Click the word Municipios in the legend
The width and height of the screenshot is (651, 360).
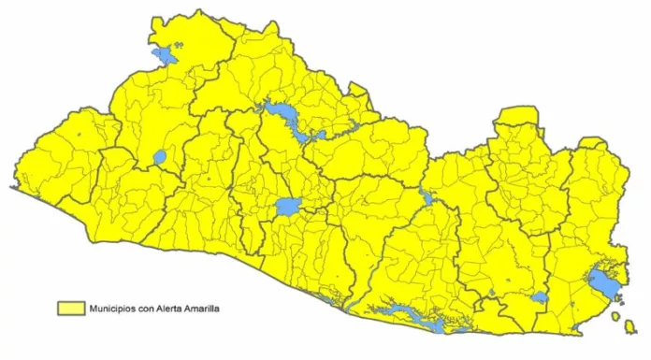[113, 307]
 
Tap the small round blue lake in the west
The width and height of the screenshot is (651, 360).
[159, 157]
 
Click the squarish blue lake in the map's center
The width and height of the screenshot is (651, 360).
[288, 207]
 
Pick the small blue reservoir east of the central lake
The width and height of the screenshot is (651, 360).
[427, 198]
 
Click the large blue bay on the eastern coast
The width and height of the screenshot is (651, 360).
[601, 281]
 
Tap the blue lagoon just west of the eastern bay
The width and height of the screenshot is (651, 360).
[539, 298]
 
